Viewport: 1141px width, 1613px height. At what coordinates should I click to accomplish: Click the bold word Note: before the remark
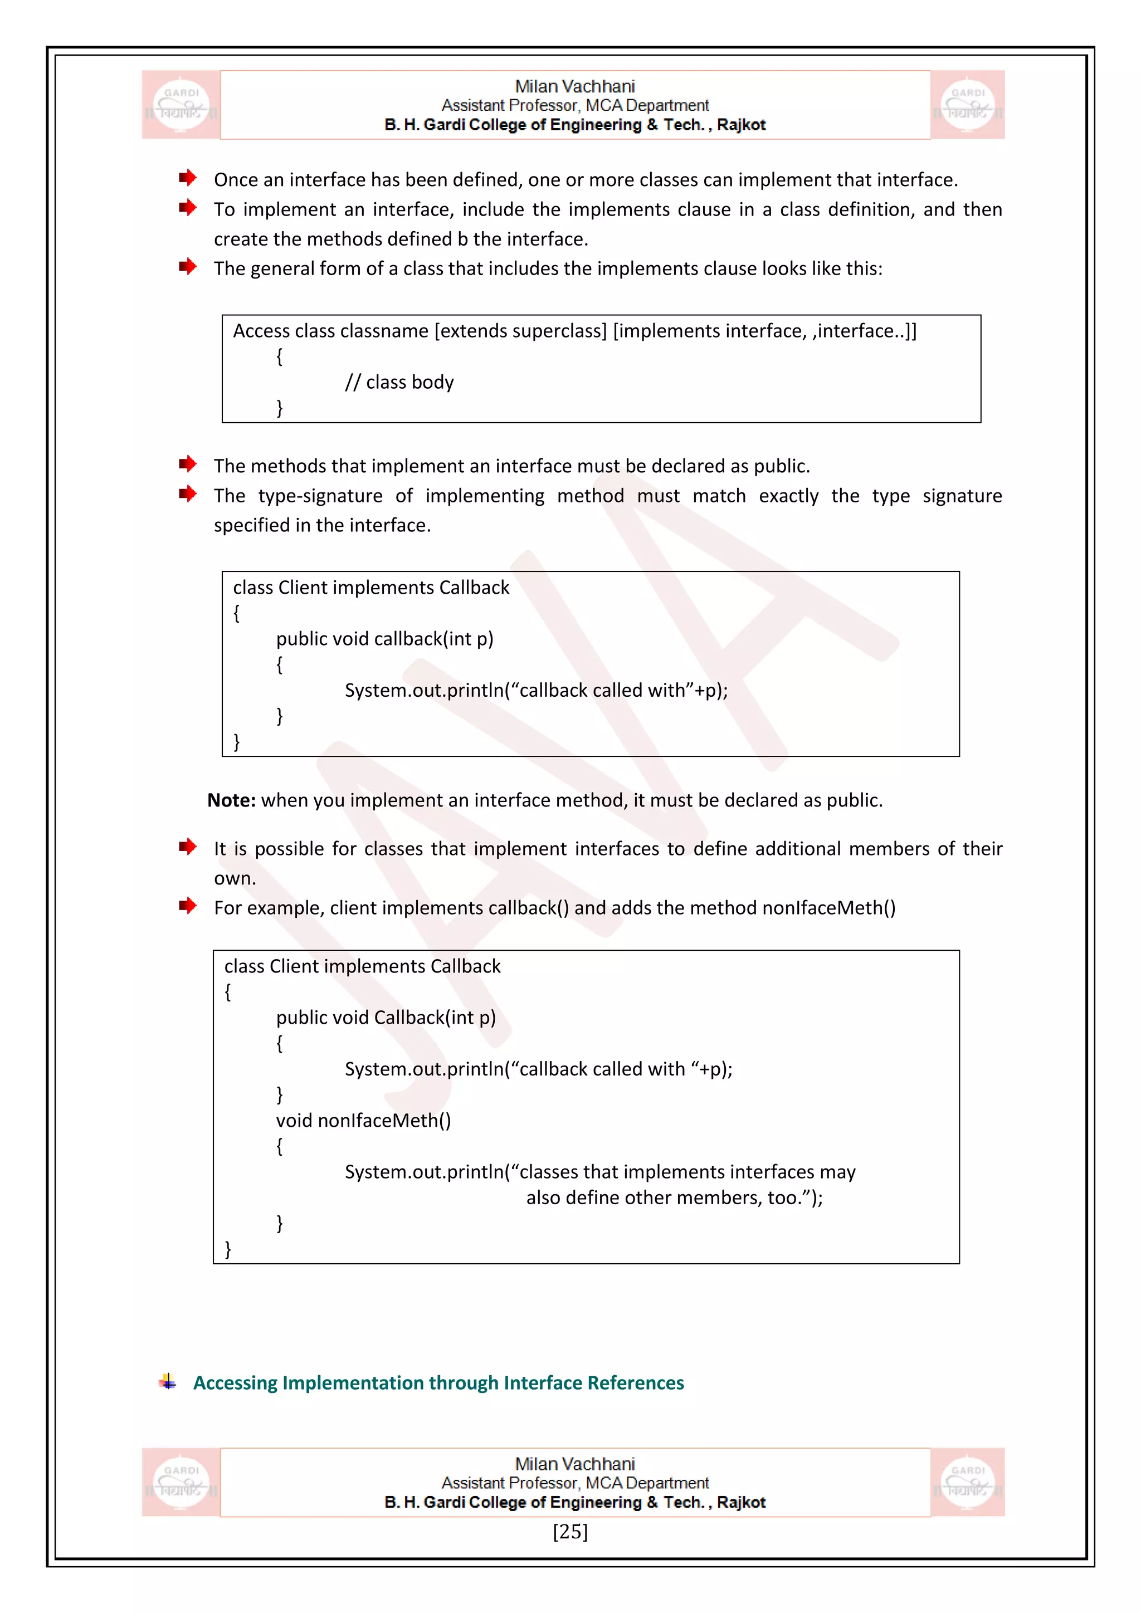(231, 800)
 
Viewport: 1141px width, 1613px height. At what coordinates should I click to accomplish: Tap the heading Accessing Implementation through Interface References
(438, 1382)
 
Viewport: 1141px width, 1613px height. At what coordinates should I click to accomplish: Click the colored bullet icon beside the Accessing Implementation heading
(167, 1382)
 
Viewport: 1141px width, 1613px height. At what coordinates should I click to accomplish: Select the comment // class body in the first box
(399, 382)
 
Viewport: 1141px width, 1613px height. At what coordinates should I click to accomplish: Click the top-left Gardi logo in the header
(181, 105)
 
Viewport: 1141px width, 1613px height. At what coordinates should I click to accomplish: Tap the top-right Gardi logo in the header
(968, 105)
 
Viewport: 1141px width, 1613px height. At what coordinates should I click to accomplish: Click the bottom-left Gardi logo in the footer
(181, 1482)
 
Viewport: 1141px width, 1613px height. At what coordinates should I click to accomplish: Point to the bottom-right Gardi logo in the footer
(968, 1482)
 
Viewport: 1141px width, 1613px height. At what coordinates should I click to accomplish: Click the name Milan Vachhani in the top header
(575, 86)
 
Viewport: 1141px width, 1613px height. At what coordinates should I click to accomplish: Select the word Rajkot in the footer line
(741, 1502)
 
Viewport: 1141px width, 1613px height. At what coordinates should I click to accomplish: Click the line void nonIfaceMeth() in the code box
(363, 1121)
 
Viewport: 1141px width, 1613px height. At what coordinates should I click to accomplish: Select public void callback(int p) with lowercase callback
(384, 639)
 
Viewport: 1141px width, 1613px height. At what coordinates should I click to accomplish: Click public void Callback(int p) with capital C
(386, 1018)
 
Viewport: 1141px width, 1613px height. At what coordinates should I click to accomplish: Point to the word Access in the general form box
(261, 331)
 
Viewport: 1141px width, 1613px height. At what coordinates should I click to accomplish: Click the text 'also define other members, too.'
(674, 1198)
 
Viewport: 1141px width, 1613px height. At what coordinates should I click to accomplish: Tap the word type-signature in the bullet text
(320, 496)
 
